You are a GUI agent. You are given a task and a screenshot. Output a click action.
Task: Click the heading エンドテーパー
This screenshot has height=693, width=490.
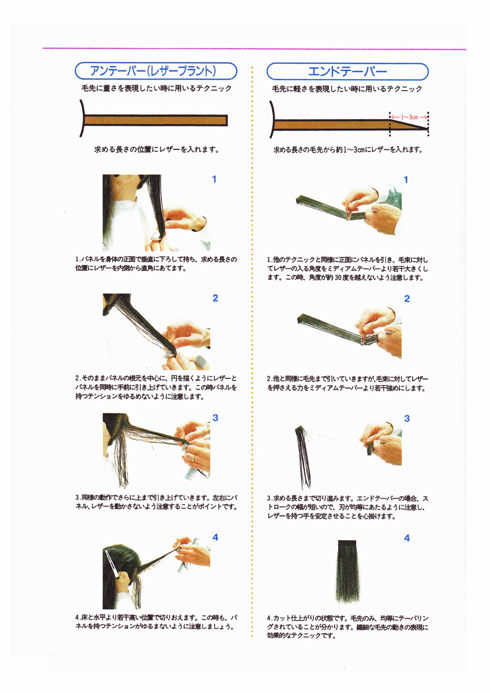click(x=347, y=72)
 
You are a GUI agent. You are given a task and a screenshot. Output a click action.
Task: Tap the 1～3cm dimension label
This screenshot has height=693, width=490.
click(x=409, y=117)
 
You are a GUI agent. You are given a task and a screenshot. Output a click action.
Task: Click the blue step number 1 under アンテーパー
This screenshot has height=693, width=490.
click(x=214, y=179)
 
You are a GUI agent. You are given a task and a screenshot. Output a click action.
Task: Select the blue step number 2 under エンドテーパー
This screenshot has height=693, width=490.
click(x=407, y=299)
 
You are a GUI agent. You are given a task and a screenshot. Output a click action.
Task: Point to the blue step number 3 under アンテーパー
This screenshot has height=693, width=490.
click(x=215, y=418)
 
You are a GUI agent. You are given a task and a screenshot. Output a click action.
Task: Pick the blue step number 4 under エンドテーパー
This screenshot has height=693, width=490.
click(x=407, y=538)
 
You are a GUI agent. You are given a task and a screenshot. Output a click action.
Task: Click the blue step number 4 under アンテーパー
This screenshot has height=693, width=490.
click(x=215, y=537)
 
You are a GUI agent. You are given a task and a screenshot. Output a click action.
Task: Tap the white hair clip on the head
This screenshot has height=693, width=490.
click(x=112, y=564)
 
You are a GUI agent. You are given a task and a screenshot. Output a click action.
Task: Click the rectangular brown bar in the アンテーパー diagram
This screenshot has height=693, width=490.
click(x=156, y=120)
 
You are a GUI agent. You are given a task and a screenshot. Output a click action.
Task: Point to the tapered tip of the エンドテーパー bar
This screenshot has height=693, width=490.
click(x=428, y=128)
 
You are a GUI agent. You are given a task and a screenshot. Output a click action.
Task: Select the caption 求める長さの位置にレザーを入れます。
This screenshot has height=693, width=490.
click(x=157, y=150)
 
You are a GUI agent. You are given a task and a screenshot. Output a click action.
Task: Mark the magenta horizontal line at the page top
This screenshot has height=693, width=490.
click(x=254, y=49)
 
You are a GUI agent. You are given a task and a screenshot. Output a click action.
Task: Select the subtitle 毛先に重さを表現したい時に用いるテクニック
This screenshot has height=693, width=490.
click(x=156, y=88)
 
